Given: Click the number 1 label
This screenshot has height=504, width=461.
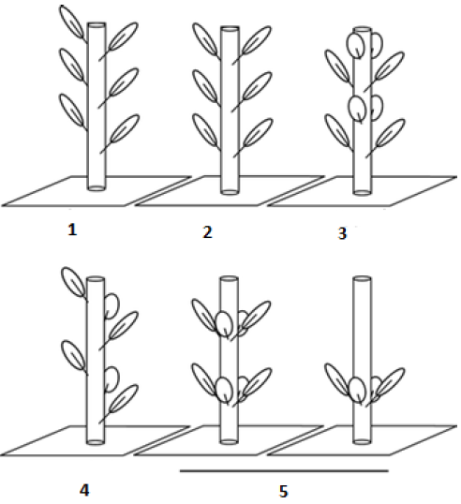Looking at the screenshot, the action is (72, 230).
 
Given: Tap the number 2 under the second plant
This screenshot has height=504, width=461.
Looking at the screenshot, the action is (207, 232).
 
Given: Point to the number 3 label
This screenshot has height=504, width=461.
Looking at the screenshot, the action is (342, 233).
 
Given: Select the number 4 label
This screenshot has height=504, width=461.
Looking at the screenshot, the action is (84, 491).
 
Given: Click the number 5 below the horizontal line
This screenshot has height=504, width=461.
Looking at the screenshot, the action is (283, 492).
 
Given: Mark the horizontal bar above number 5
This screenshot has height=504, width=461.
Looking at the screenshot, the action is (284, 471).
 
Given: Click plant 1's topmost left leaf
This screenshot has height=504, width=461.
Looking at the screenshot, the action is (72, 22).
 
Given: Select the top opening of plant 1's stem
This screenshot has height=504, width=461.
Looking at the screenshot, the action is (97, 24).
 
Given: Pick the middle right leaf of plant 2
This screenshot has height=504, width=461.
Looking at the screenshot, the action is (253, 91).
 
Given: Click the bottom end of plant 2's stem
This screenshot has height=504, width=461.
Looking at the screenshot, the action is (230, 192).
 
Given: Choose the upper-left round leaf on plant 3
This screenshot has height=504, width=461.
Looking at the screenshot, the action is (355, 45).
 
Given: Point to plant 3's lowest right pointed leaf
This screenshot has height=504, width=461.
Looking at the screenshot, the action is (386, 138).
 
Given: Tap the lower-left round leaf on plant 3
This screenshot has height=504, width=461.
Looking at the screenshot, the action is (358, 109).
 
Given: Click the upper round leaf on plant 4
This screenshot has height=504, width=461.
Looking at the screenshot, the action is (112, 305).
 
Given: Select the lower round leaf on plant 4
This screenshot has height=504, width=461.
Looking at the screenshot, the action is (112, 379).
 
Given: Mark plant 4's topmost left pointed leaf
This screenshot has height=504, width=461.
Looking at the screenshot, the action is (74, 284).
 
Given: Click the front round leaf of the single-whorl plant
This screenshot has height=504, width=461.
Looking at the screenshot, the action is (357, 390).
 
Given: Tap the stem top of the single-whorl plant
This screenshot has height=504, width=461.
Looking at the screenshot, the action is (362, 278).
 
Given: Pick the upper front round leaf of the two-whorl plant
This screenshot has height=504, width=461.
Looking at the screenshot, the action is (224, 325).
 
